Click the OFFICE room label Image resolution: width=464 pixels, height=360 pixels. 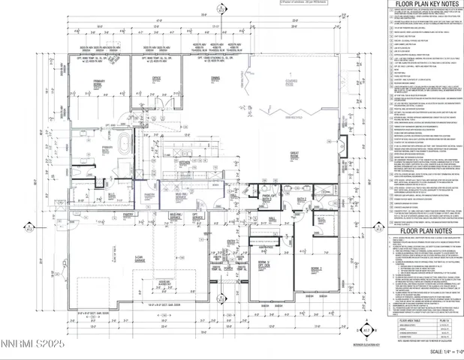tap(156, 77)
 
